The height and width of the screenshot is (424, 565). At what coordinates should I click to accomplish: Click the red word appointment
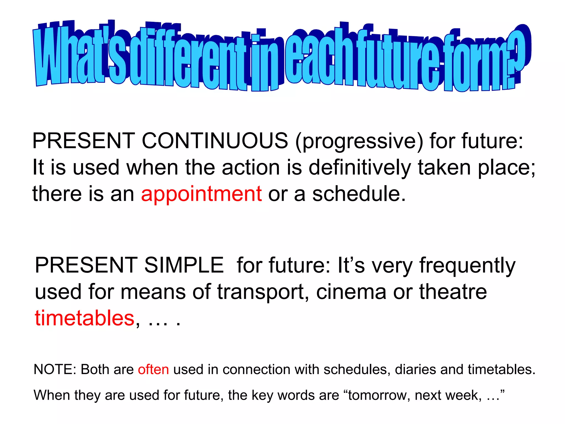(x=201, y=194)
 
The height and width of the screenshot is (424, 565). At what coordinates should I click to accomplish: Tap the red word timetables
(x=84, y=318)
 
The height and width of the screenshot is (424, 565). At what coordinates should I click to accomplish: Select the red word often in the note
(x=153, y=370)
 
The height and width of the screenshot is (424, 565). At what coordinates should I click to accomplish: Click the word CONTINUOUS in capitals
(x=215, y=141)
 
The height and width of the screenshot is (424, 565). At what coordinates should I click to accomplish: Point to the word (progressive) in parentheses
(x=359, y=141)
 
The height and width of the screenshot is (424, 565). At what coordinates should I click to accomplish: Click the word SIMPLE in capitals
(x=184, y=265)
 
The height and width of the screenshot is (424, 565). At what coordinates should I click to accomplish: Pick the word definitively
(x=360, y=168)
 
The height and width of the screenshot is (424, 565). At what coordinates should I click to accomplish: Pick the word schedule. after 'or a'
(x=359, y=194)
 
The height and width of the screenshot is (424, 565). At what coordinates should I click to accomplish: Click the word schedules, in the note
(x=357, y=370)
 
